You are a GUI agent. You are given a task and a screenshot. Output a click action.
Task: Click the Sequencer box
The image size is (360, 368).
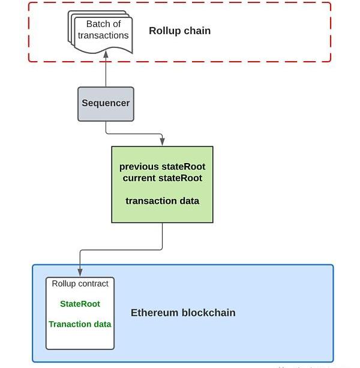tap(106, 103)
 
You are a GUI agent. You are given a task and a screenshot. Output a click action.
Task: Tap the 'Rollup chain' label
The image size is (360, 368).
tap(179, 31)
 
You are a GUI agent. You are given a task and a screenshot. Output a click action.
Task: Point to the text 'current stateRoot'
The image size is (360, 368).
tap(162, 178)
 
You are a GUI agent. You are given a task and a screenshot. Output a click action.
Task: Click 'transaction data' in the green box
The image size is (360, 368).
tap(162, 201)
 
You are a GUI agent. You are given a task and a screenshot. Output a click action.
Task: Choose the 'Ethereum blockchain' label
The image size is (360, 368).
tap(183, 312)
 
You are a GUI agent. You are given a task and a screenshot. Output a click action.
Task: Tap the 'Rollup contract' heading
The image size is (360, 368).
tap(80, 283)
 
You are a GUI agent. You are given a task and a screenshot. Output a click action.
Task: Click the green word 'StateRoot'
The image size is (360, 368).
tap(80, 304)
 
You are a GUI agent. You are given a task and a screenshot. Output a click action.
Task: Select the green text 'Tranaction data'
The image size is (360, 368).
tap(80, 324)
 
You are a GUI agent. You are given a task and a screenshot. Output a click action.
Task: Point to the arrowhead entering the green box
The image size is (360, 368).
tap(162, 143)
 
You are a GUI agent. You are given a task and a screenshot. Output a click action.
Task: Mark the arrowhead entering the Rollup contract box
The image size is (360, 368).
tap(80, 273)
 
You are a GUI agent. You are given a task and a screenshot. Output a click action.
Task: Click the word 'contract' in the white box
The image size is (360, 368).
tap(94, 283)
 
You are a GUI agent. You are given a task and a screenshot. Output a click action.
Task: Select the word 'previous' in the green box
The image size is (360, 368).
tap(139, 167)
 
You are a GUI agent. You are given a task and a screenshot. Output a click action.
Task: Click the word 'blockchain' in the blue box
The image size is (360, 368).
tap(208, 312)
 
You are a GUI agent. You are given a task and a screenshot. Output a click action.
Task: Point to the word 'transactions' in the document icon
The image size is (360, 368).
tap(103, 35)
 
